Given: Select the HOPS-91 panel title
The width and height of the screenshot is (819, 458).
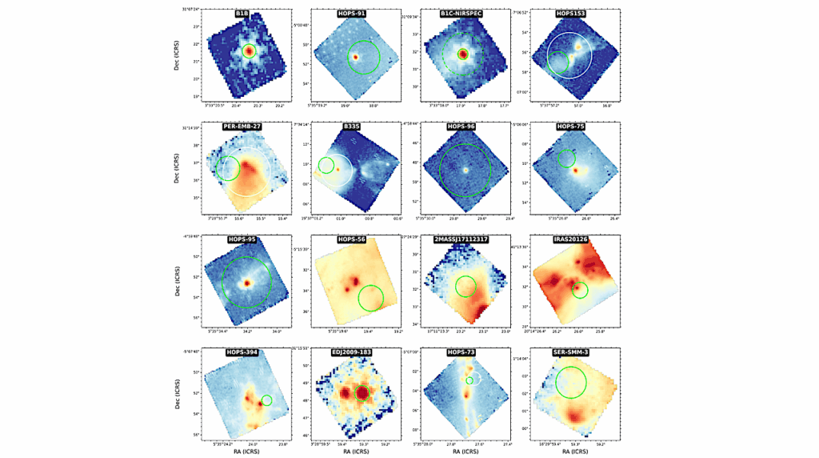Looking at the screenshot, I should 353,14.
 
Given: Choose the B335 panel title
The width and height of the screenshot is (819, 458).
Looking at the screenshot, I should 353,127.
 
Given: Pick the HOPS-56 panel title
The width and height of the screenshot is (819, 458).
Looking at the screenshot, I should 353,239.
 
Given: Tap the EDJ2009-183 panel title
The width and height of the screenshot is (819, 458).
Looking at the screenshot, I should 353,351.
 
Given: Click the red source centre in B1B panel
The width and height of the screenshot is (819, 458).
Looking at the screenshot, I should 250,51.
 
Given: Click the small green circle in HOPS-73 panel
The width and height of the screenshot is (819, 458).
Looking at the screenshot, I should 469,380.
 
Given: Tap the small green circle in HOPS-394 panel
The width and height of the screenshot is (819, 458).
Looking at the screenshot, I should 266,400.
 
